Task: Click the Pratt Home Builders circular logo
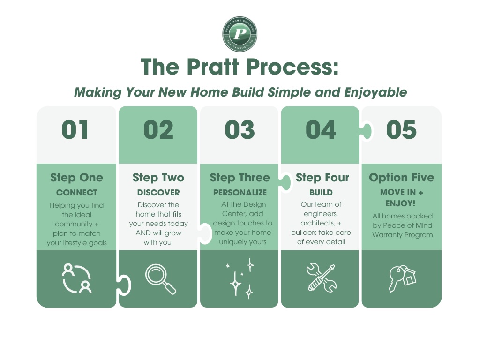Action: (x=240, y=34)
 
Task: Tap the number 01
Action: (x=75, y=130)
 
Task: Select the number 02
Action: (x=158, y=130)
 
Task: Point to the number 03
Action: (x=240, y=130)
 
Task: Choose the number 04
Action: (x=321, y=130)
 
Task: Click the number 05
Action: (x=401, y=130)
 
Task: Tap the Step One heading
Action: (x=76, y=178)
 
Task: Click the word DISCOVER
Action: (x=158, y=193)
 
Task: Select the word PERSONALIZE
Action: (x=240, y=193)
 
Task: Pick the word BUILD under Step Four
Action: (x=321, y=193)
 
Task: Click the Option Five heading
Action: (x=401, y=178)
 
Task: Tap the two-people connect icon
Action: (x=76, y=278)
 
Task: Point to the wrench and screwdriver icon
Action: (x=321, y=277)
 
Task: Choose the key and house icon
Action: (x=402, y=278)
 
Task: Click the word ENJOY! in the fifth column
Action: (x=400, y=203)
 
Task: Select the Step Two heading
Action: (x=158, y=178)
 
